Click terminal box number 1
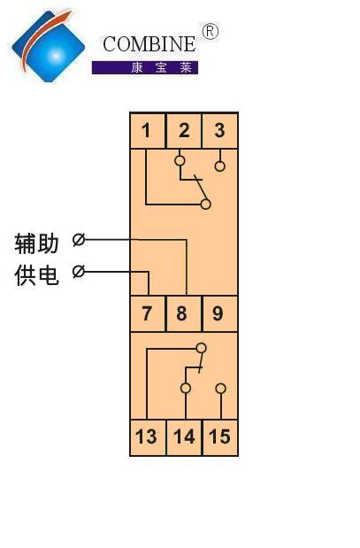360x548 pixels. pyautogui.click(x=148, y=130)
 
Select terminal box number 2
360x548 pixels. pyautogui.click(x=184, y=130)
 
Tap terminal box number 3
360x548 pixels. pyautogui.click(x=220, y=130)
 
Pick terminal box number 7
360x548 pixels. pyautogui.click(x=148, y=313)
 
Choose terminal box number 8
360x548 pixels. pyautogui.click(x=184, y=313)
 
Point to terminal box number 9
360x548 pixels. pyautogui.click(x=220, y=313)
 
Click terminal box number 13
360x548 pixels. pyautogui.click(x=148, y=437)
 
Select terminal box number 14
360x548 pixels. pyautogui.click(x=184, y=437)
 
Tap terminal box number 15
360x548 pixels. pyautogui.click(x=220, y=437)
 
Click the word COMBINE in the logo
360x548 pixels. pyautogui.click(x=149, y=44)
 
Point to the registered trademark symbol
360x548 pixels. pyautogui.click(x=211, y=32)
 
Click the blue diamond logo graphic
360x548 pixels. pyautogui.click(x=48, y=46)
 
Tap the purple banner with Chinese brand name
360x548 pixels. pyautogui.click(x=145, y=67)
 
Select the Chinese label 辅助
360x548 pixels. pyautogui.click(x=36, y=243)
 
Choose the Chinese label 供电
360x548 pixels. pyautogui.click(x=36, y=275)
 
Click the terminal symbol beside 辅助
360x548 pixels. pyautogui.click(x=79, y=240)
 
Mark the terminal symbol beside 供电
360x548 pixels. pyautogui.click(x=79, y=271)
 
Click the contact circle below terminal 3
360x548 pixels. pyautogui.click(x=219, y=166)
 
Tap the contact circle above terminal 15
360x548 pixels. pyautogui.click(x=220, y=389)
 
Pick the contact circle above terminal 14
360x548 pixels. pyautogui.click(x=186, y=389)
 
